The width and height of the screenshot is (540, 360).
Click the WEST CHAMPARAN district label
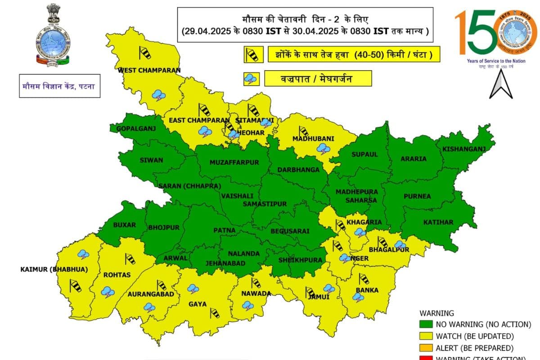[x=149, y=70]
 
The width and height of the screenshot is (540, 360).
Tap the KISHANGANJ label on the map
[x=463, y=149]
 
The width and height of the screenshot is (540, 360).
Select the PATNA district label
[x=224, y=230]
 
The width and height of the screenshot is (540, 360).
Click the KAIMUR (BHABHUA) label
[x=54, y=270]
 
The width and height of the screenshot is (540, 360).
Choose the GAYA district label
[x=198, y=304]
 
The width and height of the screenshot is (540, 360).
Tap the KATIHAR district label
[x=438, y=222]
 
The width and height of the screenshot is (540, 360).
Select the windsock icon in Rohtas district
[x=130, y=259]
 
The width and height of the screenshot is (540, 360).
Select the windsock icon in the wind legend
[x=252, y=55]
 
